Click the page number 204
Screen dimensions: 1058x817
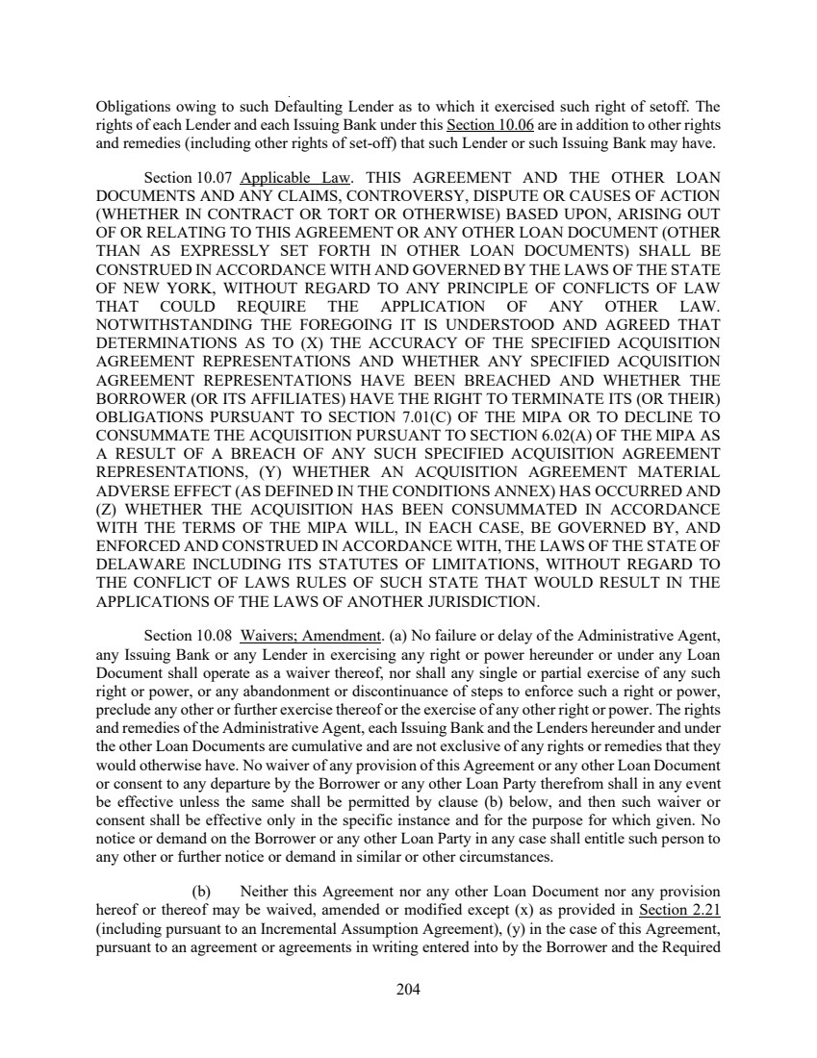click(408, 988)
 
